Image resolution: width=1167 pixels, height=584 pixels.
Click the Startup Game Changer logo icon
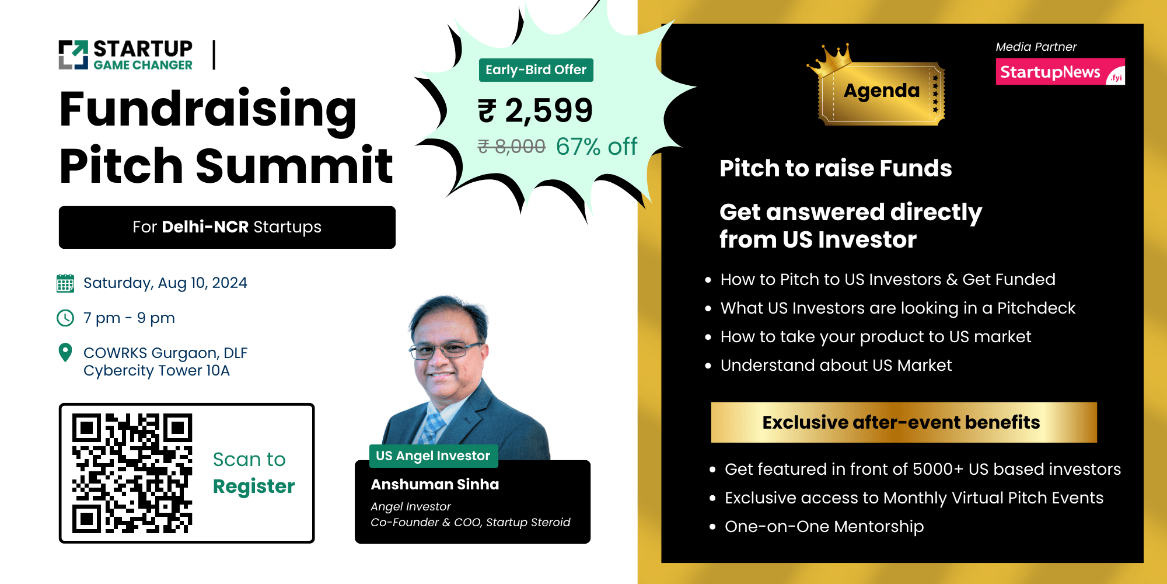tap(74, 55)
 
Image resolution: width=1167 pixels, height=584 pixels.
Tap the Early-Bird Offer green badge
tap(536, 70)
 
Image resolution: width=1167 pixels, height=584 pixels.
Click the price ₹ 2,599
tap(535, 110)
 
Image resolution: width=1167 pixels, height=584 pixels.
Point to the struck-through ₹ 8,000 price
tap(512, 146)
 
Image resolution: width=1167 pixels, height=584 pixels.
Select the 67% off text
tap(596, 147)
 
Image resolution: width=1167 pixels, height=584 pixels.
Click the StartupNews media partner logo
tap(1060, 72)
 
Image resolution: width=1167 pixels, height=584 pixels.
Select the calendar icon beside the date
tap(65, 283)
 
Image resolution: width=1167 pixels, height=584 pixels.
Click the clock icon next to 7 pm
tap(65, 318)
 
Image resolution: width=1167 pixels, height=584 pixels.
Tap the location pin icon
tap(65, 353)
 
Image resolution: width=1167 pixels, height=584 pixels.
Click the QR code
tap(132, 474)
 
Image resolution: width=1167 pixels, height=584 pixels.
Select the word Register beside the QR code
tap(254, 486)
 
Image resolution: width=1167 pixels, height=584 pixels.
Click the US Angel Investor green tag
tap(433, 456)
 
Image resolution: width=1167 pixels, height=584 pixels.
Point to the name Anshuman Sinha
tap(435, 485)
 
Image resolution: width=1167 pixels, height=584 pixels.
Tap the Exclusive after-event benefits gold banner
tap(903, 422)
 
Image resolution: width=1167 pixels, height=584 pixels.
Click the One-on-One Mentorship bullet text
tap(824, 527)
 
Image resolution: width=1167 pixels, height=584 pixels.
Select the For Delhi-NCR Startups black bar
tap(227, 227)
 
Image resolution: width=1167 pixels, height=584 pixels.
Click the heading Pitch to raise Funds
tap(836, 169)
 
